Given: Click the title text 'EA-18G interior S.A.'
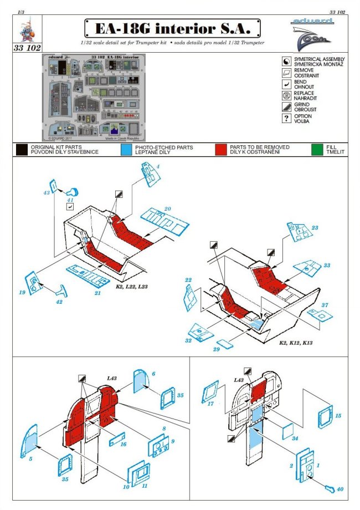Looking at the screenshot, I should click(173, 28).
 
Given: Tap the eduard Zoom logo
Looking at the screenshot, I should click(311, 33).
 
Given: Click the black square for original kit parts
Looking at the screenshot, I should click(22, 150).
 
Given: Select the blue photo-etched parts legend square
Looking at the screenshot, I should click(126, 150).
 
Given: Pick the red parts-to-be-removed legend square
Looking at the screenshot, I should click(222, 150).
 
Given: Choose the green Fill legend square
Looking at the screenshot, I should click(318, 150).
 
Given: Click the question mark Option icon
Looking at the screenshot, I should click(286, 119).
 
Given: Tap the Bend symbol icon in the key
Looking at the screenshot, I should click(286, 84).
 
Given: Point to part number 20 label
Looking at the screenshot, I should click(167, 209).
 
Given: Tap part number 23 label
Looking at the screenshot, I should click(315, 228).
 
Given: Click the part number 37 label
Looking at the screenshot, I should click(325, 305).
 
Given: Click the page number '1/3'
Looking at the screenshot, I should click(20, 11).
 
